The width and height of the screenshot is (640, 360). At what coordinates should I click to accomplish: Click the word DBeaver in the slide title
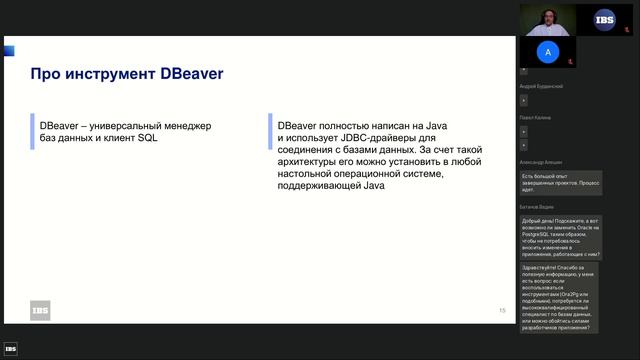[x=191, y=74]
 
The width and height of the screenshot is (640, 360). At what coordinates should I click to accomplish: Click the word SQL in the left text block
[x=148, y=138]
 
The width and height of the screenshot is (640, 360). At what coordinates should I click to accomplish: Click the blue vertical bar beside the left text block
[x=32, y=132]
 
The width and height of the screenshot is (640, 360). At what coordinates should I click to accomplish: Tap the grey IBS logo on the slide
[x=40, y=311]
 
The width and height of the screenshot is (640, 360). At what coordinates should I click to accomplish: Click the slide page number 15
[x=502, y=311]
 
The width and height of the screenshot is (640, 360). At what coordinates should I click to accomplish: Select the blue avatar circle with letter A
[x=546, y=52]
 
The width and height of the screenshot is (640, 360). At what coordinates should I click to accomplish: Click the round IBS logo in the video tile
[x=605, y=17]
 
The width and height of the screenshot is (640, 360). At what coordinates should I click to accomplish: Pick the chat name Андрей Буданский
[x=542, y=87]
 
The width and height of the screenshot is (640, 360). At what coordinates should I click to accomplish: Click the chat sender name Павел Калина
[x=537, y=118]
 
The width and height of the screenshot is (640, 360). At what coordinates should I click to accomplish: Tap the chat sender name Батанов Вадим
[x=536, y=206]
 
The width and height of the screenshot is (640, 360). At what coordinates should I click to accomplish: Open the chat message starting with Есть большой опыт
[x=561, y=181]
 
